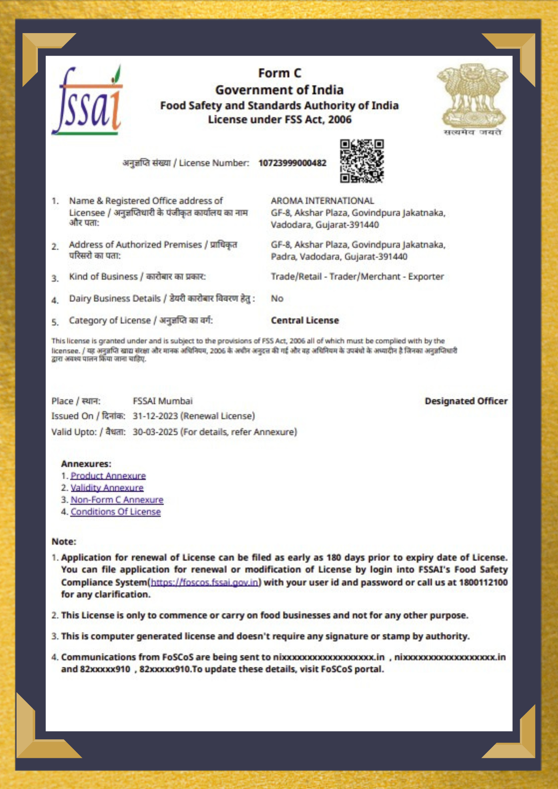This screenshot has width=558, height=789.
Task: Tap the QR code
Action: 362,161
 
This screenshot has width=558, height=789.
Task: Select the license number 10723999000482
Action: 292,163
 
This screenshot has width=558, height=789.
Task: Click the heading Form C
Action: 279,73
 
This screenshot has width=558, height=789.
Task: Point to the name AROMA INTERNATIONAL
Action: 322,201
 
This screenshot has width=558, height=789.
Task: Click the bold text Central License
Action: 305,320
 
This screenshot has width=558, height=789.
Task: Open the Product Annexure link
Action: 108,476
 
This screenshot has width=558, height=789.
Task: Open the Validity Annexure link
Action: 107,488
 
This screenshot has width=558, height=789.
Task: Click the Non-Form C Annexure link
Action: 117,500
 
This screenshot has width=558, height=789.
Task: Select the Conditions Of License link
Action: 116,512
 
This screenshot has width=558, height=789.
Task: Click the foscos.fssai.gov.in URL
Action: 204,582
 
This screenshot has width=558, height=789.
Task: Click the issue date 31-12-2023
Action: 155,416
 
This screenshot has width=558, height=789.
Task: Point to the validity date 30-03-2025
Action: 155,432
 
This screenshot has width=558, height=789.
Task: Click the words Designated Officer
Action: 466,401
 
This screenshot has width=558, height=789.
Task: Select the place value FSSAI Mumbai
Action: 163,401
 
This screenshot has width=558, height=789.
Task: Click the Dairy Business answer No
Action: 277,299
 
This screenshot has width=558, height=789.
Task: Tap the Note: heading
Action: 64,542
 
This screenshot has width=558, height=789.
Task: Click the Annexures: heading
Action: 86,464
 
